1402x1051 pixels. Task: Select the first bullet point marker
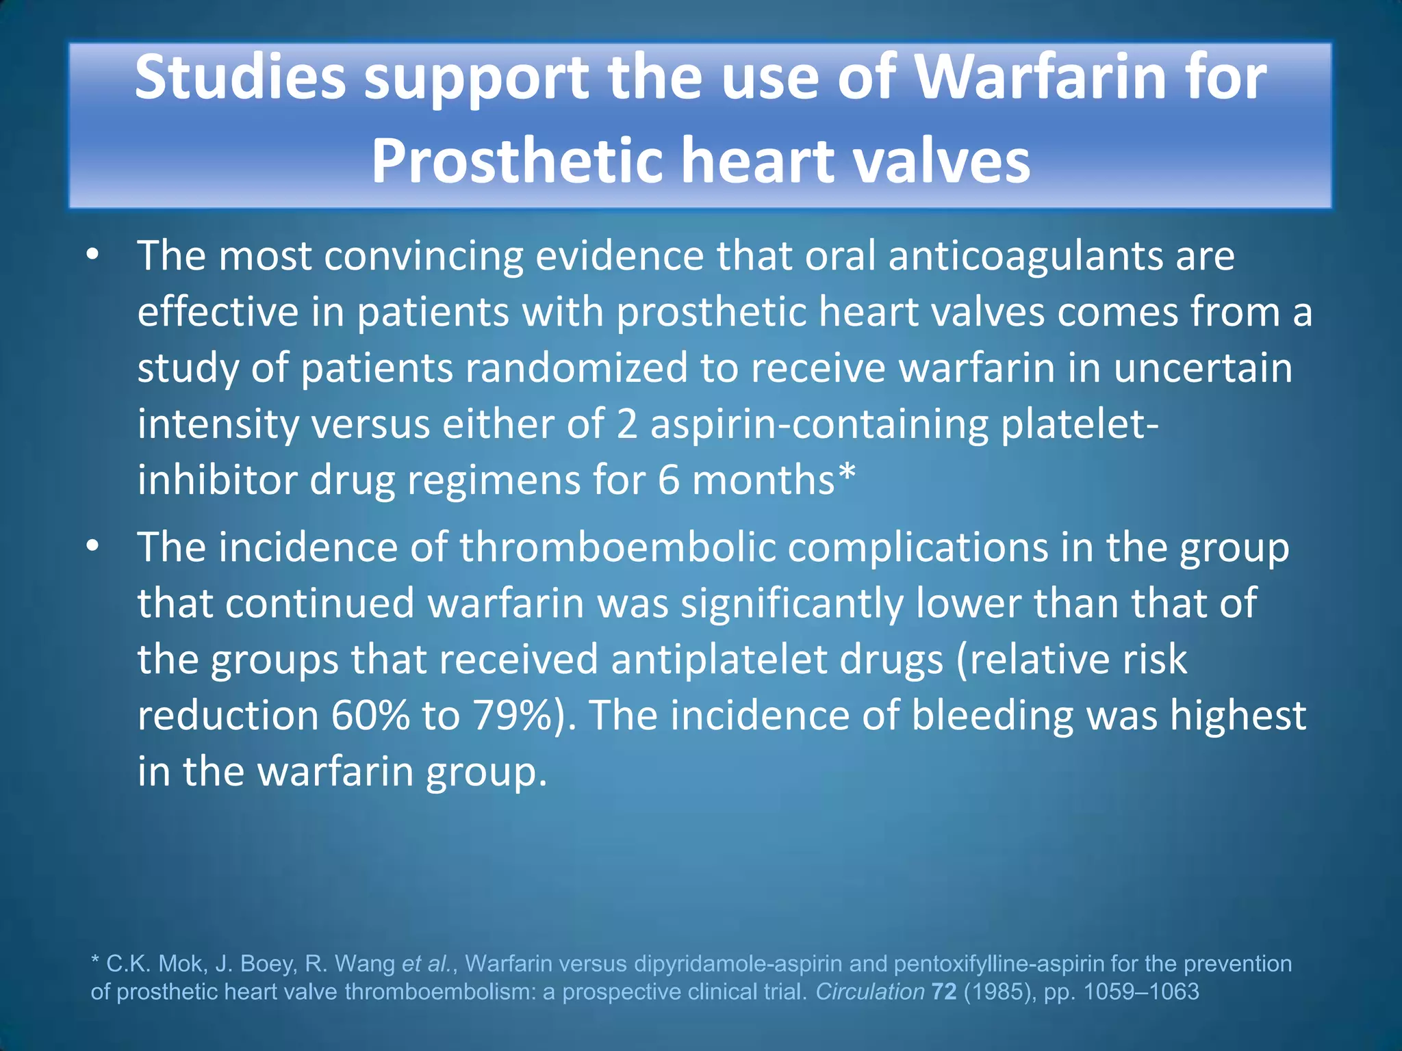[94, 256]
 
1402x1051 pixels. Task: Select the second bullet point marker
[94, 547]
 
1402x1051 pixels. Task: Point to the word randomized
[576, 368]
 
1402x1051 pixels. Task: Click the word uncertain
[1203, 368]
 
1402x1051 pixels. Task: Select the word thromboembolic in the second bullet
[617, 547]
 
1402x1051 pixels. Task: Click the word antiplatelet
[719, 660]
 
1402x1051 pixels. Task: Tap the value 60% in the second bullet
[370, 716]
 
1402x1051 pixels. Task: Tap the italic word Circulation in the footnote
[869, 991]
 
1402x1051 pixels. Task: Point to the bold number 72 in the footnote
[944, 991]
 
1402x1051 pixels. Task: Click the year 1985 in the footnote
[1000, 991]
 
